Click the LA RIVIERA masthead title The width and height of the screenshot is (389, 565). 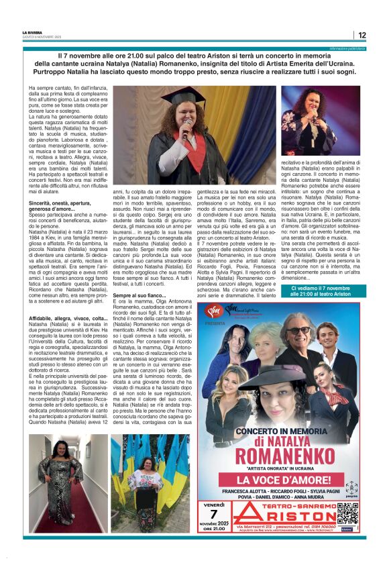(x=32, y=32)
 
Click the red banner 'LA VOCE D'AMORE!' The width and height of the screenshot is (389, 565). (x=281, y=480)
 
